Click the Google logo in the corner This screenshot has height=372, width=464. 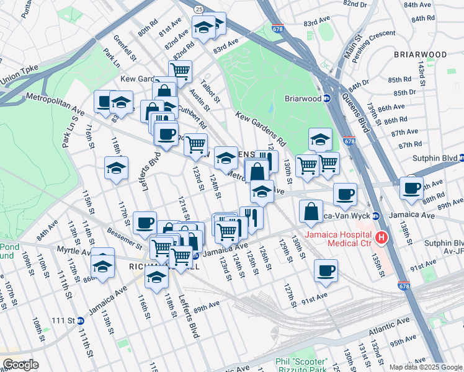coord(20,365)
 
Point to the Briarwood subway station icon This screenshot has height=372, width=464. coord(328,98)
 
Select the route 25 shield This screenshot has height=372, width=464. coord(198,9)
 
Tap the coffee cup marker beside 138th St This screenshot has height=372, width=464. coord(411,188)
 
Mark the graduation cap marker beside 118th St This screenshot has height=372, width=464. coord(116,167)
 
